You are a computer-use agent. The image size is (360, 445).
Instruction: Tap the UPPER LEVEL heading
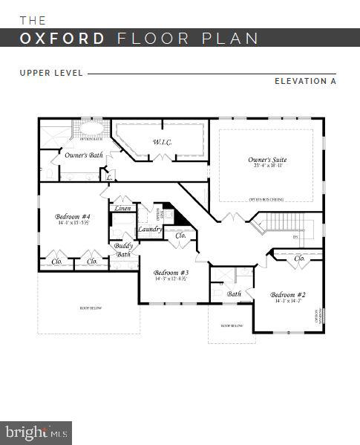pyautogui.click(x=52, y=73)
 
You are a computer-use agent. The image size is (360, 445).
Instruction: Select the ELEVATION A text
pyautogui.click(x=305, y=81)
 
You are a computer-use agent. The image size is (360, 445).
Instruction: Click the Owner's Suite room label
pyautogui.click(x=267, y=160)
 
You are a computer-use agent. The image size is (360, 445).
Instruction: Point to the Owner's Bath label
pyautogui.click(x=83, y=155)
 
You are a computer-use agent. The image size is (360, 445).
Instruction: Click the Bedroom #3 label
pyautogui.click(x=171, y=273)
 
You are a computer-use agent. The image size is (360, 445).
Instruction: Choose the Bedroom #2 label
pyautogui.click(x=287, y=294)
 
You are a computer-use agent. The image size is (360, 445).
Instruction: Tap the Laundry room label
pyautogui.click(x=150, y=230)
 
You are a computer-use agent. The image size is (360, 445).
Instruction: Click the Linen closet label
pyautogui.click(x=123, y=209)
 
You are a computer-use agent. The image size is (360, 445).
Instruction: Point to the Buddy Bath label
pyautogui.click(x=123, y=250)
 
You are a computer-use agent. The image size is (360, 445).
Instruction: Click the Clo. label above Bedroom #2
pyautogui.click(x=300, y=259)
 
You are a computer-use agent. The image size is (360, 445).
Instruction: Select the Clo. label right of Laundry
pyautogui.click(x=180, y=235)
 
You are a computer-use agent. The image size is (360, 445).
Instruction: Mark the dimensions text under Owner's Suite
pyautogui.click(x=267, y=166)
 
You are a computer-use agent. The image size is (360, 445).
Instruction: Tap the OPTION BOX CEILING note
pyautogui.click(x=265, y=198)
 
